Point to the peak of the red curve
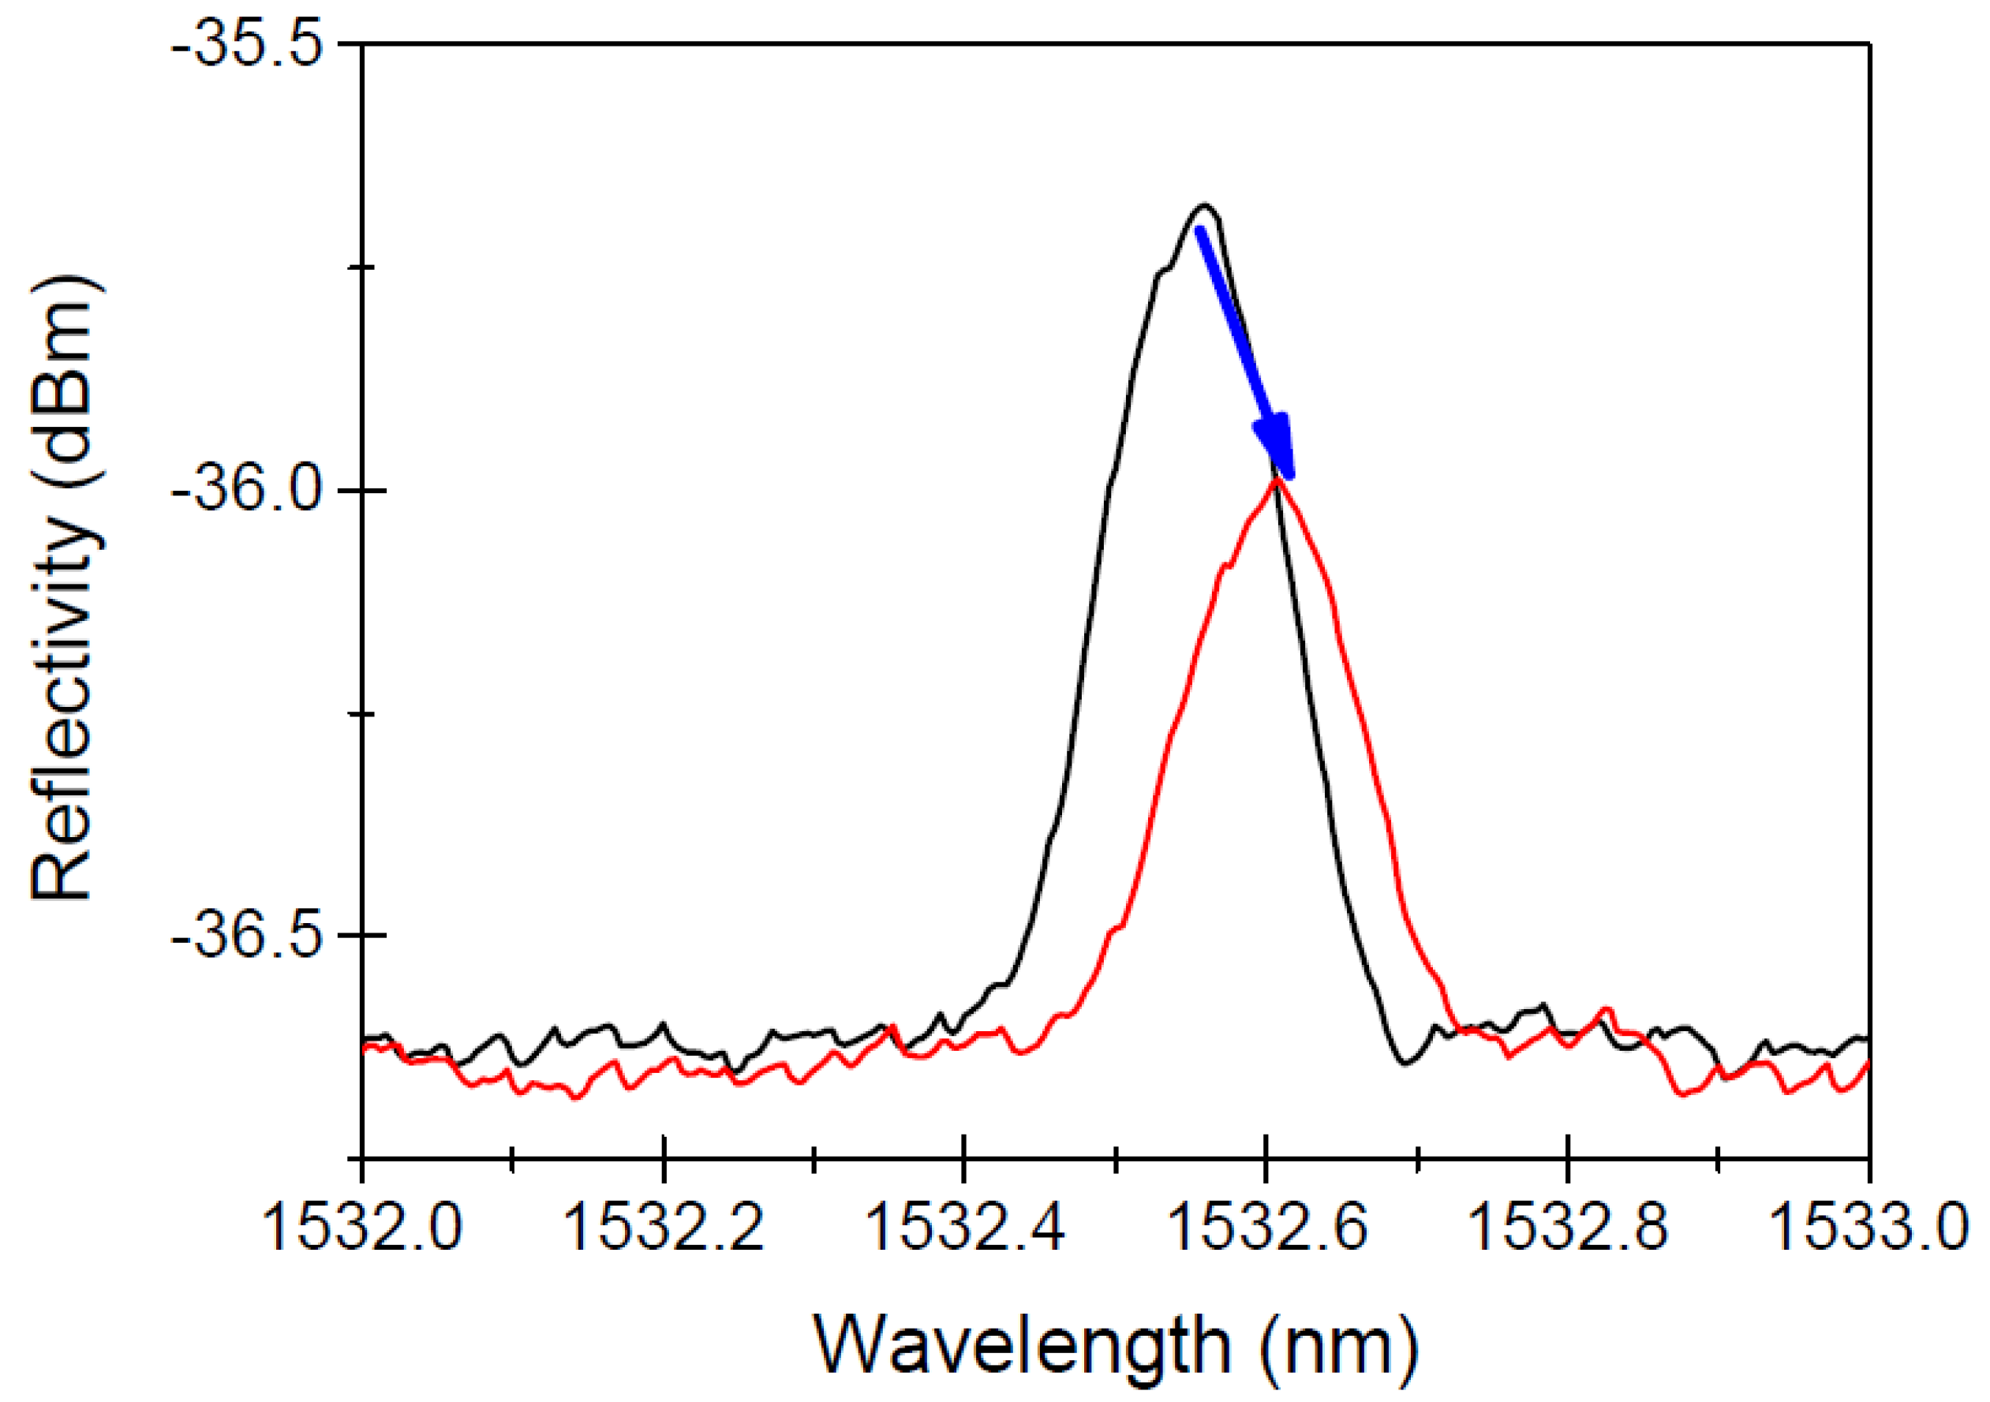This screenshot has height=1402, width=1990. click(1277, 478)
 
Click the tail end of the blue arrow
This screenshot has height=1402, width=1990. click(1199, 230)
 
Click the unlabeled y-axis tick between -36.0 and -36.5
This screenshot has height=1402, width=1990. click(361, 714)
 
